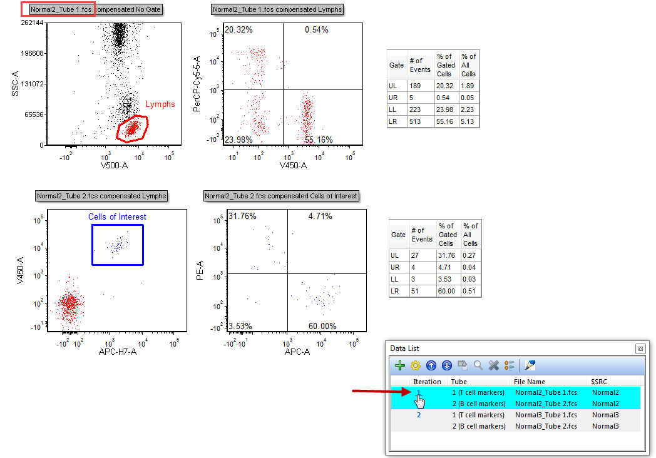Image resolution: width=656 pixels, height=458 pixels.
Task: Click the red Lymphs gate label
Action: [x=160, y=104]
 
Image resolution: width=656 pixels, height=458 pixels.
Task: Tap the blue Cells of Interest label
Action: [x=117, y=217]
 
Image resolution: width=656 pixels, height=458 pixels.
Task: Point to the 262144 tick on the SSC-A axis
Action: [x=31, y=23]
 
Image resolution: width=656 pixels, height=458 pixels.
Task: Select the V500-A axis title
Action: [x=118, y=166]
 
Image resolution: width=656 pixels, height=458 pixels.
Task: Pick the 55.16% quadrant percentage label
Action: [x=319, y=140]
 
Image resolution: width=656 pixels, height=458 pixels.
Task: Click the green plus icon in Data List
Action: [x=401, y=365]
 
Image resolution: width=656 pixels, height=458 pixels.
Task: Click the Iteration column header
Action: [x=427, y=382]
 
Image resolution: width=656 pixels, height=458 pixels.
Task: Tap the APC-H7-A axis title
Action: [x=118, y=352]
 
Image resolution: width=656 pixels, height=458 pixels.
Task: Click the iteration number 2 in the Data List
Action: [x=419, y=415]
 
